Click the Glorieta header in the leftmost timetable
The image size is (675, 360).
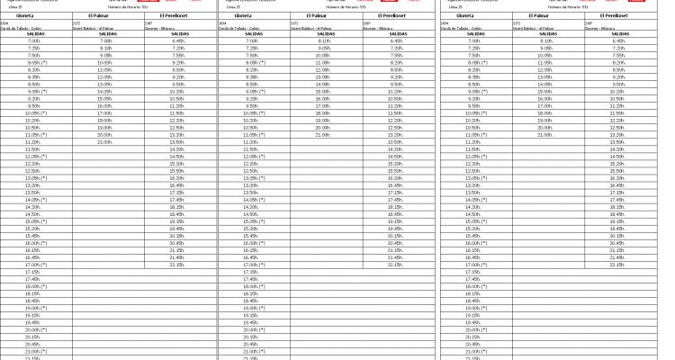point(34,15)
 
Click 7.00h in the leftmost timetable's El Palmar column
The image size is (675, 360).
point(105,40)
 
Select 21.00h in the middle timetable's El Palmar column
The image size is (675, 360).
point(323,135)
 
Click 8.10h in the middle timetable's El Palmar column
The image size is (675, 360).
point(323,40)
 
